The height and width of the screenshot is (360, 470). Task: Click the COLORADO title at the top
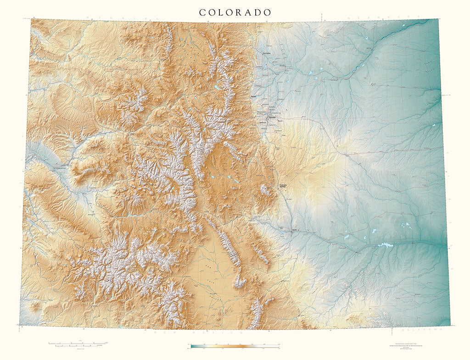(x=235, y=12)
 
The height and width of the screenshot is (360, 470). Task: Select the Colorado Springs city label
(x=285, y=186)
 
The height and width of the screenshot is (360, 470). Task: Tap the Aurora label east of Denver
(x=280, y=120)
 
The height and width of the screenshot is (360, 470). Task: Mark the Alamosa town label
(x=212, y=294)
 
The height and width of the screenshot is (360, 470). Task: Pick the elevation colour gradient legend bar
(x=235, y=345)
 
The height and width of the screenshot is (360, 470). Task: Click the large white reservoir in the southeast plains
(x=385, y=245)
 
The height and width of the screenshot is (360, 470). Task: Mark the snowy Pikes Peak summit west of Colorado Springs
(x=265, y=189)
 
